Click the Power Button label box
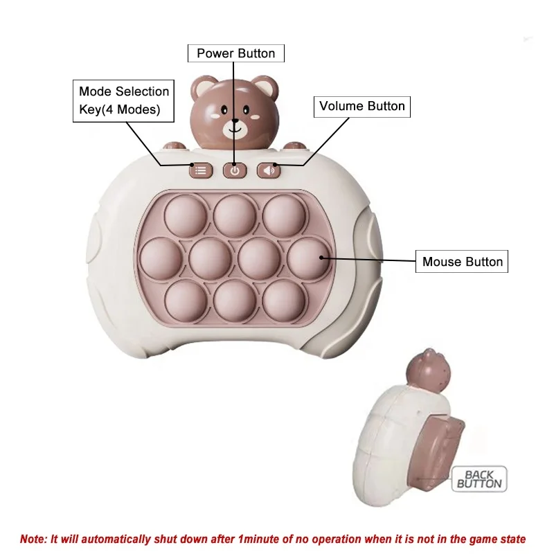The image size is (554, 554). [x=235, y=53]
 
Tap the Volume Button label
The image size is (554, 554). [x=361, y=106]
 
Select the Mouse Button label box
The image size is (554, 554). [x=462, y=262]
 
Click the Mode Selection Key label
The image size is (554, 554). [x=123, y=101]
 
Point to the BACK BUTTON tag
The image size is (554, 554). [x=479, y=479]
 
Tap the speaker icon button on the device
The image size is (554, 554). [x=269, y=170]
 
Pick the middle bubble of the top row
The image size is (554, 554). [x=235, y=214]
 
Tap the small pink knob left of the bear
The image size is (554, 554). [x=174, y=146]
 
